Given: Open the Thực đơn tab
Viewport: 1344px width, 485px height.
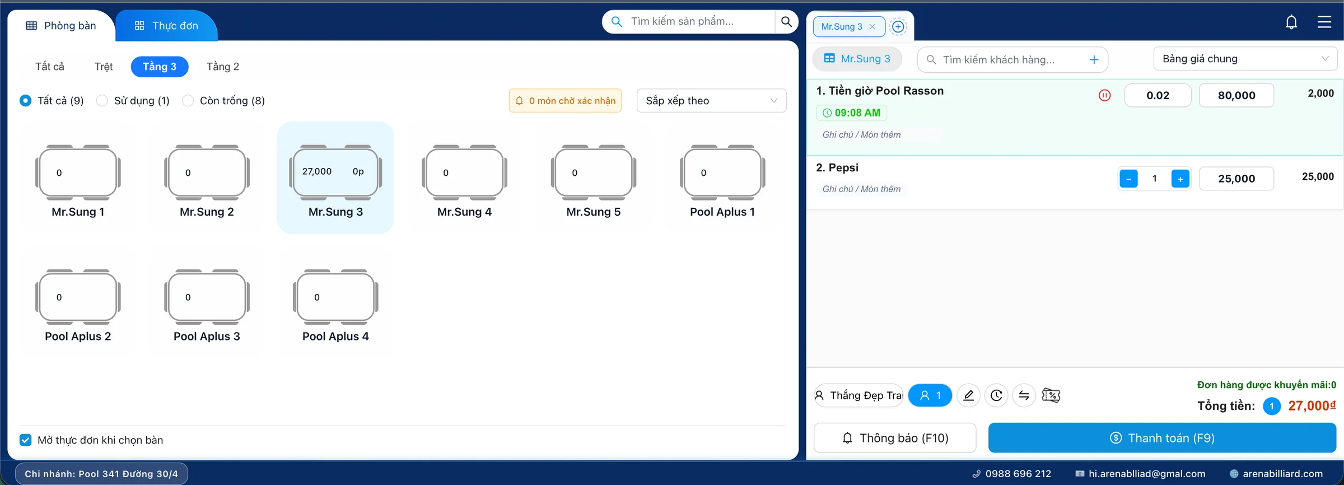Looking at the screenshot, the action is coord(166,26).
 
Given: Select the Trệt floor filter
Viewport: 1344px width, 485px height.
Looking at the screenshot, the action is coord(104,67).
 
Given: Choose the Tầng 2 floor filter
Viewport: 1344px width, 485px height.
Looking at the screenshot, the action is coord(223,67).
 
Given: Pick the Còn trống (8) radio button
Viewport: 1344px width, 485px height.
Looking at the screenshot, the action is coord(188,101).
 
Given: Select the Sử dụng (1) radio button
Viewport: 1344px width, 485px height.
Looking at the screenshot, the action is coord(102,101).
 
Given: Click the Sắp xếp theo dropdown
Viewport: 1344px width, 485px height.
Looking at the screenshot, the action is coord(711,101).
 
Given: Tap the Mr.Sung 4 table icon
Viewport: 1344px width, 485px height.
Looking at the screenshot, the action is coord(464,172).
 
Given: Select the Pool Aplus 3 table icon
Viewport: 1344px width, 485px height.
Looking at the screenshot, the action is coord(207,297).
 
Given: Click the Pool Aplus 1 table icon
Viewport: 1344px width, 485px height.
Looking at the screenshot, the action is coord(722,172).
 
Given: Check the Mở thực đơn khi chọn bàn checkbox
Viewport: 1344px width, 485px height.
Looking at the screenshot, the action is coord(26,440).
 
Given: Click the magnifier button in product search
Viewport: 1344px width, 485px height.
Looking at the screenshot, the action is coord(786,22).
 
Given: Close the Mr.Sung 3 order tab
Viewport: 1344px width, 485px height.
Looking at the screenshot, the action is coord(872,27).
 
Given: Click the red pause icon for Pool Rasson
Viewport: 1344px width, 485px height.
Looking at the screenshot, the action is coord(1104,95).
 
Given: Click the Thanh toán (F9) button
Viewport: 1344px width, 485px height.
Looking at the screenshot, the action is coord(1162,438).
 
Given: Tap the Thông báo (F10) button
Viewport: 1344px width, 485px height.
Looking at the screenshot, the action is coord(895,438).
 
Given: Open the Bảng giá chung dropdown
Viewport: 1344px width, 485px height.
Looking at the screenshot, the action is coord(1245,59).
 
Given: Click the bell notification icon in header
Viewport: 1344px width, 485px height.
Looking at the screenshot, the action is coord(1291,22).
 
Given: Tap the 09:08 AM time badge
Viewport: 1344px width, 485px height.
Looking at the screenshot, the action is coord(851,113).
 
